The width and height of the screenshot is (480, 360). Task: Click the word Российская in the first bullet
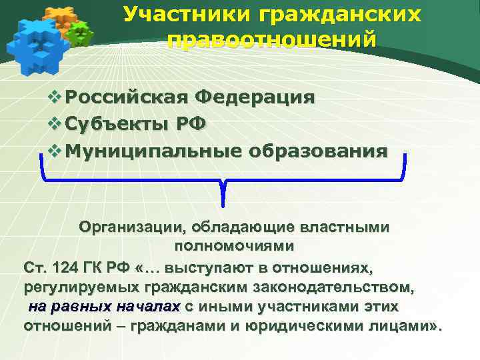tap(127, 97)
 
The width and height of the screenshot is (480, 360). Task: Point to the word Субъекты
tap(117, 124)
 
